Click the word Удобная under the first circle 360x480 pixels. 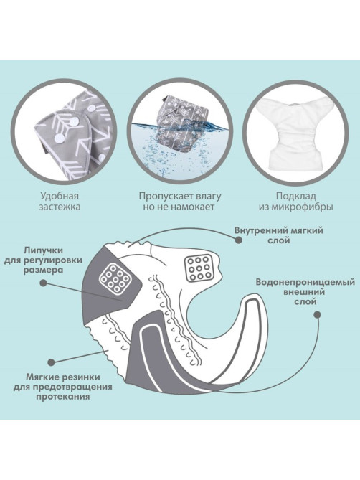point(60,196)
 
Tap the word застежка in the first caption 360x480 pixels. point(60,207)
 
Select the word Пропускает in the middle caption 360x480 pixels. point(162,196)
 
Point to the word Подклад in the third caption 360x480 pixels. point(295,196)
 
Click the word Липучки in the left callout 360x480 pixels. point(44,250)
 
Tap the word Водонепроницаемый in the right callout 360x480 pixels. point(305,282)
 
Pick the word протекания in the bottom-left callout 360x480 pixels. point(63,397)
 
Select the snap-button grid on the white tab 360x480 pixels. point(199,268)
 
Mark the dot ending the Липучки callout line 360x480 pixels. point(44,283)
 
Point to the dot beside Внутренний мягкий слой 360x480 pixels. point(239,240)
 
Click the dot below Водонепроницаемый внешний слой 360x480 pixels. point(318,314)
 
